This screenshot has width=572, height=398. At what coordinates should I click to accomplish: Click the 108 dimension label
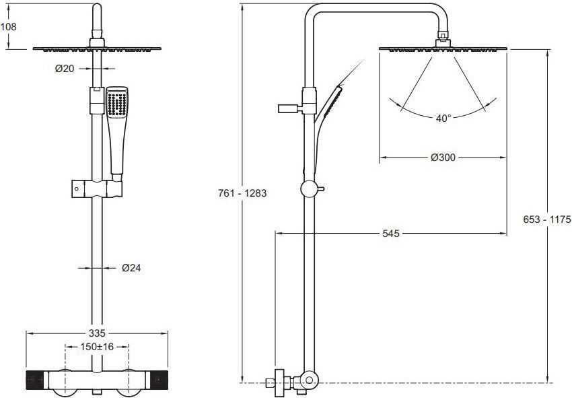8,27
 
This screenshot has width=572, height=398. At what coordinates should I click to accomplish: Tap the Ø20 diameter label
65,68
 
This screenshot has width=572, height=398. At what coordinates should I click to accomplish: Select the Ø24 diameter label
131,268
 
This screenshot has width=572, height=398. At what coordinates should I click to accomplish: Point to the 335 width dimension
97,333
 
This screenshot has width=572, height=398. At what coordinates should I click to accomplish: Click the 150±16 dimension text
97,347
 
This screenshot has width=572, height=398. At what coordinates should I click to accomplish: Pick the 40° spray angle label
443,119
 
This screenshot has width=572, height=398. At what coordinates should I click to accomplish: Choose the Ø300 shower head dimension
443,158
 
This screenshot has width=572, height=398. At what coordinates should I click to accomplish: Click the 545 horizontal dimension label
391,233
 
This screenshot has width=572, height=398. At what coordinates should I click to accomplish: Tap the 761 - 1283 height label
242,193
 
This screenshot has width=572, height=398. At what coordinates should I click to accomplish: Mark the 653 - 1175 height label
547,220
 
